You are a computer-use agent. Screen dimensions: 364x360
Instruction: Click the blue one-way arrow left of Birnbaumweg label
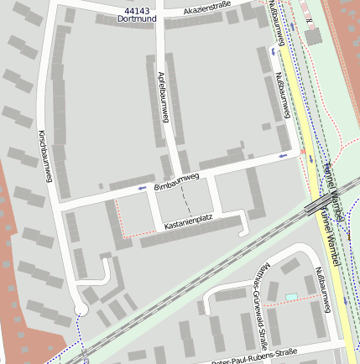pos(140,190)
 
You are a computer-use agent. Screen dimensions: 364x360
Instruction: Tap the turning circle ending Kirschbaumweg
pos(81,310)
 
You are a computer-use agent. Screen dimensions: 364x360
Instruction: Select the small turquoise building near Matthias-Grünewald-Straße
pos(291,296)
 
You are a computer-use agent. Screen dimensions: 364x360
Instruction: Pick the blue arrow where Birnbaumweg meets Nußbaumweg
pos(284,155)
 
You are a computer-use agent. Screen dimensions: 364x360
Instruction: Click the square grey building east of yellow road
pos(315,38)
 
